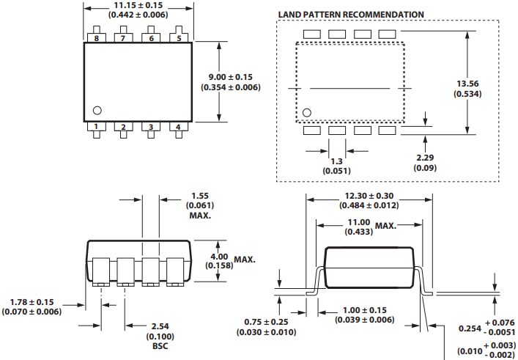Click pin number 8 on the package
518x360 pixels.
tap(96, 37)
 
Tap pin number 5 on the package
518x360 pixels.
tap(179, 37)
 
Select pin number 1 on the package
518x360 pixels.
tap(96, 127)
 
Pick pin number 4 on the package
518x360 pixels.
tap(179, 127)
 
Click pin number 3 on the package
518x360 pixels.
tap(151, 127)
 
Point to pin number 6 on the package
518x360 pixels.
tap(151, 37)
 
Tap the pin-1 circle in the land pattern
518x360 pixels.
tap(307, 112)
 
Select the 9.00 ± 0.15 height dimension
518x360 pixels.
tap(231, 77)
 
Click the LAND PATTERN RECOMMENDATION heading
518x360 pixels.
tap(351, 15)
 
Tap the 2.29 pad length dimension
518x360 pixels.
tap(423, 158)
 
